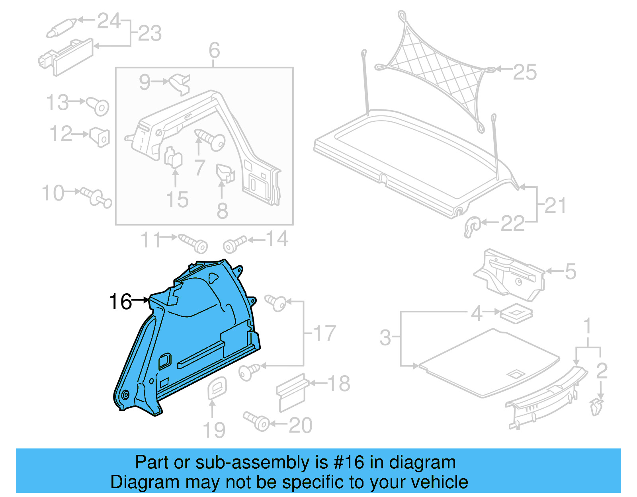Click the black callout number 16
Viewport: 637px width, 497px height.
(x=120, y=302)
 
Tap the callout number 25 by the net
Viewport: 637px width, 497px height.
(x=525, y=72)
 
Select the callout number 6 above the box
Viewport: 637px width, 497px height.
(x=214, y=51)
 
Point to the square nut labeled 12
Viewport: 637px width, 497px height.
(x=100, y=137)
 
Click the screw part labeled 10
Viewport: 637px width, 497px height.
(x=97, y=197)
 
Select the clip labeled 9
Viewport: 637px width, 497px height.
(x=180, y=84)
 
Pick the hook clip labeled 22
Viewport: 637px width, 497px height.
(x=472, y=228)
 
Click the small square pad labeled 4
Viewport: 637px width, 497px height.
(x=516, y=314)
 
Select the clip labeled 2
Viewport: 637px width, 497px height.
(x=596, y=407)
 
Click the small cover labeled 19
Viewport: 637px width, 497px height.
(x=217, y=388)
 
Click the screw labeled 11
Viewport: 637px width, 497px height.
(x=194, y=243)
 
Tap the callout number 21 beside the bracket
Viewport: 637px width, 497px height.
(x=555, y=205)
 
